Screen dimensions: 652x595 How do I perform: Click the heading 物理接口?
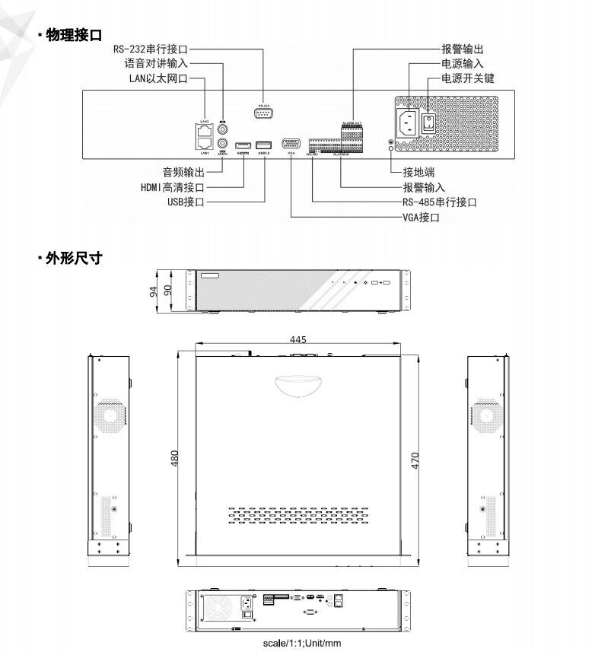pyautogui.click(x=74, y=35)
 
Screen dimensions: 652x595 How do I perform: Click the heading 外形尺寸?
pyautogui.click(x=74, y=258)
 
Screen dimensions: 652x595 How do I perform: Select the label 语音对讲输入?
pyautogui.click(x=156, y=64)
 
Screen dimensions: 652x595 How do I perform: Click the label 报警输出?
pyautogui.click(x=462, y=49)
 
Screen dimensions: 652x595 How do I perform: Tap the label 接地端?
pyautogui.click(x=419, y=173)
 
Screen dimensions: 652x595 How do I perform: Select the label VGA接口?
pyautogui.click(x=422, y=218)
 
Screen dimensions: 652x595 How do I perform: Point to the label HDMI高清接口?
pyautogui.click(x=173, y=187)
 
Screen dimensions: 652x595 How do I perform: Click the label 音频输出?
pyautogui.click(x=183, y=173)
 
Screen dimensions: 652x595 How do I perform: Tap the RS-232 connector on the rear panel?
pyautogui.click(x=263, y=113)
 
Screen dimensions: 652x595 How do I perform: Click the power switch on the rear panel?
pyautogui.click(x=428, y=122)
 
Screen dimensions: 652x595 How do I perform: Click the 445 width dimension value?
pyautogui.click(x=298, y=339)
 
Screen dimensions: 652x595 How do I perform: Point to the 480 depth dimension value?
pyautogui.click(x=175, y=458)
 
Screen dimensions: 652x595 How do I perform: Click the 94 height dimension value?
pyautogui.click(x=153, y=291)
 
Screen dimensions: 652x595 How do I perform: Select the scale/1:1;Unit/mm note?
pyautogui.click(x=302, y=644)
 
